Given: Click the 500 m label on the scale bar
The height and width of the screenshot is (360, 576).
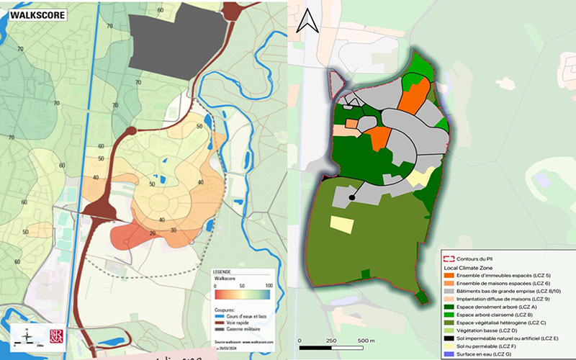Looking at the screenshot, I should click(366, 340).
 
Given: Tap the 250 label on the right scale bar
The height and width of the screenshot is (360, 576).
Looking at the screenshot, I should click(331, 340).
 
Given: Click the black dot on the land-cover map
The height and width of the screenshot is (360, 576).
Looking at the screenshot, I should click(352, 197).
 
